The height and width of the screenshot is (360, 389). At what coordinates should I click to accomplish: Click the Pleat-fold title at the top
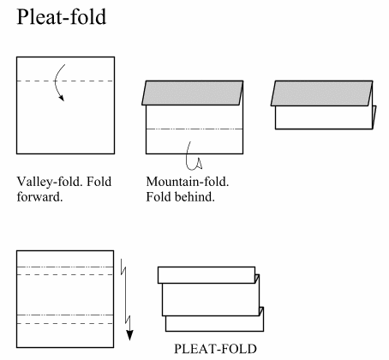pos(62,17)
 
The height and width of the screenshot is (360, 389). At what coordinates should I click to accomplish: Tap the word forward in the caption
pos(39,197)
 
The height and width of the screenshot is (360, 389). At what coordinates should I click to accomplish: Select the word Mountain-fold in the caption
pos(188,182)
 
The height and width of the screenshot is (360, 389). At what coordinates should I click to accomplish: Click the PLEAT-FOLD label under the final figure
pos(215,349)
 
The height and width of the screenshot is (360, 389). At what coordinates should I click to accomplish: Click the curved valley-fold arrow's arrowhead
pos(62,98)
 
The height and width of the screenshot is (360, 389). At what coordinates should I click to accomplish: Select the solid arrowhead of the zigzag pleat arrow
pos(129,335)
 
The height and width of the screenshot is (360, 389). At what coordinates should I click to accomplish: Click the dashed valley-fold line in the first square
pos(65,81)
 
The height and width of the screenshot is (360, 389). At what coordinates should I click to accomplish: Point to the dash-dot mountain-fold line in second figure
pos(194,129)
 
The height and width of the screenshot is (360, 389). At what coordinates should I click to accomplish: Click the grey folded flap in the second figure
pos(193,93)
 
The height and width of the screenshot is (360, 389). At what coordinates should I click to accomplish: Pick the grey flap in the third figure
pos(322,93)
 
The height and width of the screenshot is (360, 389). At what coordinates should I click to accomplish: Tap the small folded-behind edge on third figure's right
pos(374,117)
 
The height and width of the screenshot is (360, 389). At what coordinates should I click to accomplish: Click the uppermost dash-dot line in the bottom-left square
pos(65,267)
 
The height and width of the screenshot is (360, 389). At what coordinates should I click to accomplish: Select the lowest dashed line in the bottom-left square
pos(65,323)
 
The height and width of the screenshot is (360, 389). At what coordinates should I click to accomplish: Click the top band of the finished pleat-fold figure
pos(206,275)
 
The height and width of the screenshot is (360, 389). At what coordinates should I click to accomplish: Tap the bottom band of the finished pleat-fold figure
pos(214,324)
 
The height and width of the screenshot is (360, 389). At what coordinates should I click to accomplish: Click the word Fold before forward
pos(99,182)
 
